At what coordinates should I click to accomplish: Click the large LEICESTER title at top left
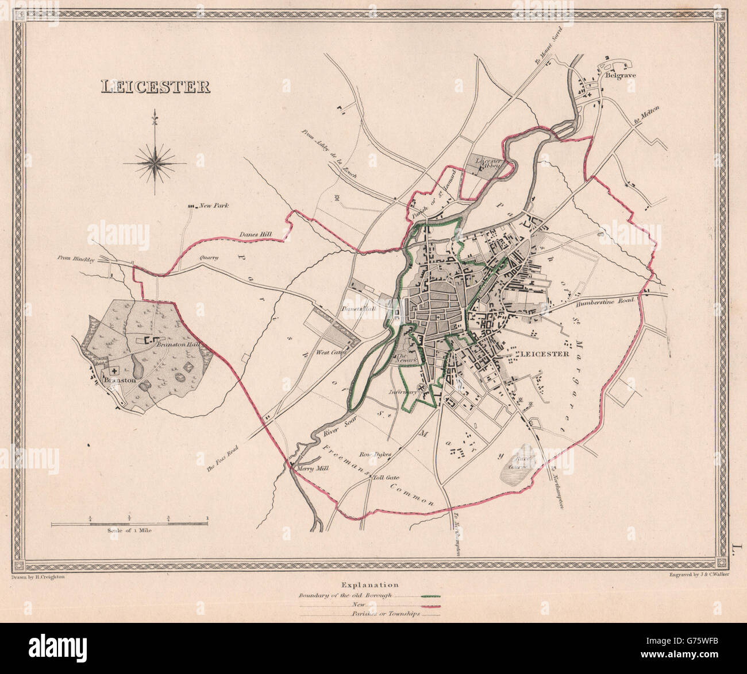point(155,87)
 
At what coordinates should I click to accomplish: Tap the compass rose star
point(154,162)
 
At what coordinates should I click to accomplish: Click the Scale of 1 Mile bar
point(129,524)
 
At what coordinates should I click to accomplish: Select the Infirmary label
point(402,393)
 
